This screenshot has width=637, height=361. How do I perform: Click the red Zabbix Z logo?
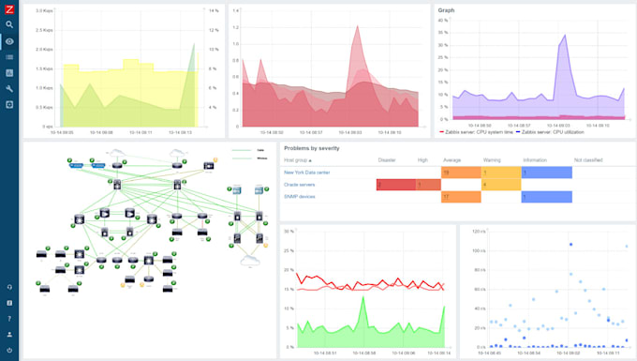coord(9,8)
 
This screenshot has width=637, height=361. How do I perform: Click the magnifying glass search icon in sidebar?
coord(9,25)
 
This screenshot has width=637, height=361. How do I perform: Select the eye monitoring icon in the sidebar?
coord(9,41)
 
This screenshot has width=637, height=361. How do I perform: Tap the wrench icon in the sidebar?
coord(9,88)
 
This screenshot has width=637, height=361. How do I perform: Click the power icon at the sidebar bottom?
coord(9,351)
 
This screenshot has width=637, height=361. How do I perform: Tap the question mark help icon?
coord(9,319)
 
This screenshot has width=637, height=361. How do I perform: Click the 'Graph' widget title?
coord(448,11)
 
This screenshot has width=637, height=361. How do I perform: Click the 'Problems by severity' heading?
coord(312,148)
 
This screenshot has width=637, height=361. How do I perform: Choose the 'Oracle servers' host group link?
coord(301,185)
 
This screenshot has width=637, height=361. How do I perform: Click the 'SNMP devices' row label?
coord(300,197)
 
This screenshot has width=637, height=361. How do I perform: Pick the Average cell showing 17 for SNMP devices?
coord(460,197)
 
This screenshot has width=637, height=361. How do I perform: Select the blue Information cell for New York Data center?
coord(546,173)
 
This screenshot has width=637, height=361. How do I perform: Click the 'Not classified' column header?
coord(589,160)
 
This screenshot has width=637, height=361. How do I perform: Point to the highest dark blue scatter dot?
coord(570,245)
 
